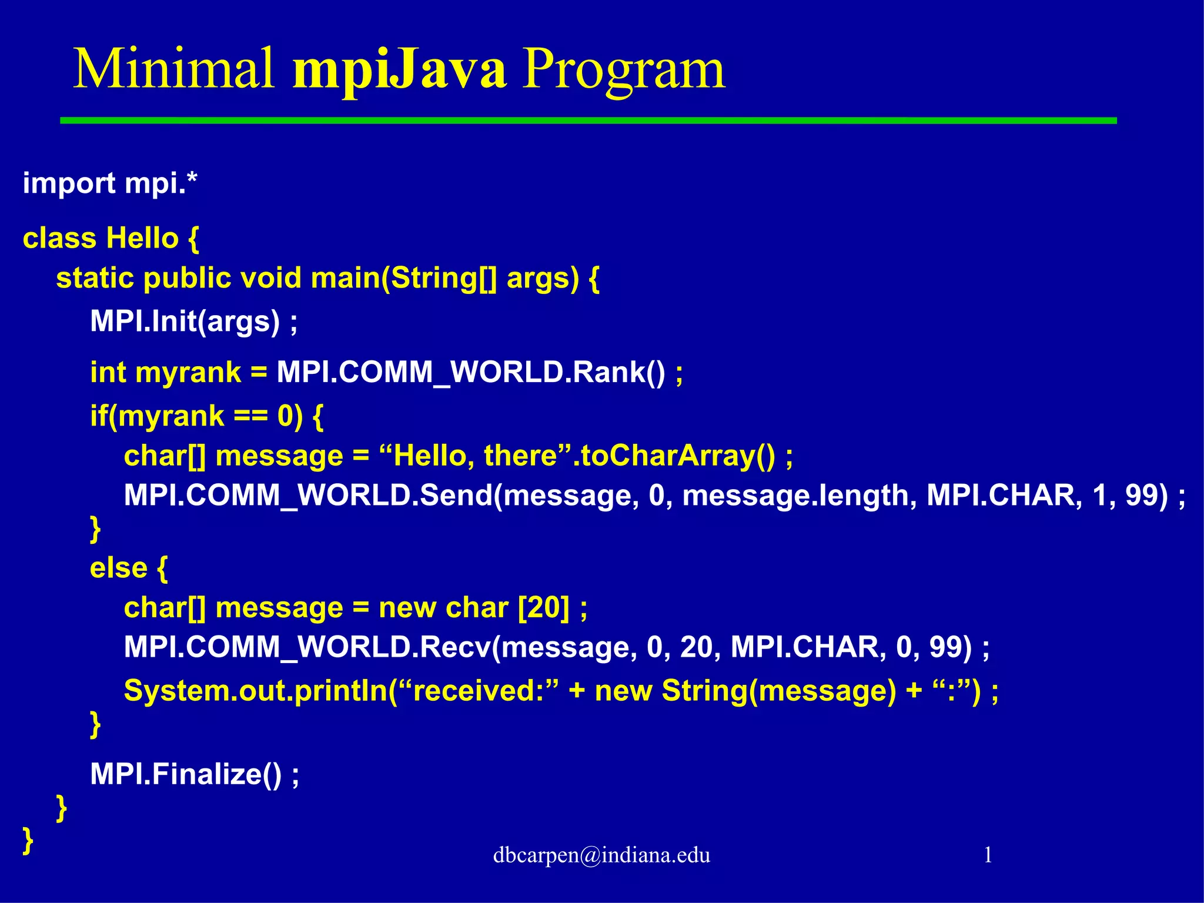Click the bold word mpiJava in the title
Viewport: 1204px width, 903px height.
click(x=399, y=71)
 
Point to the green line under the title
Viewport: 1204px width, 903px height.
click(x=588, y=121)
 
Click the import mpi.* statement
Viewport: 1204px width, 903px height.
click(x=110, y=183)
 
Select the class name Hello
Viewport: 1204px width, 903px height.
click(x=142, y=239)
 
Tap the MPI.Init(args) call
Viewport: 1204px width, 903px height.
click(x=185, y=322)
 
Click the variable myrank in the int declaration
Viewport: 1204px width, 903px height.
click(x=188, y=373)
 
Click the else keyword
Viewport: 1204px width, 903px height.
click(x=118, y=568)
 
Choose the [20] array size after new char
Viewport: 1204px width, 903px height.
click(x=543, y=608)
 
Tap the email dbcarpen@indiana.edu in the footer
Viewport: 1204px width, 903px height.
click(x=601, y=855)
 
